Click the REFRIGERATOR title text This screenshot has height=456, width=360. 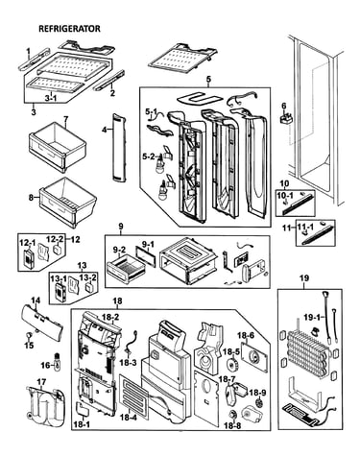pos(69,29)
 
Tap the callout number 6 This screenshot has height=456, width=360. pos(283,106)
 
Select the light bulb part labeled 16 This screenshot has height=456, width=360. pos(58,362)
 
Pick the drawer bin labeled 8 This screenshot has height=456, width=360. pos(68,202)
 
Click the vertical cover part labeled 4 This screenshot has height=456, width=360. pos(118,148)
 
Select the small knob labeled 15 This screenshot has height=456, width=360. pos(30,335)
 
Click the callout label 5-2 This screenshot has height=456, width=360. pos(149,156)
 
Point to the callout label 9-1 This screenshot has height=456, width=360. pos(148,245)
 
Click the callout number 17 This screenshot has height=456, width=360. pos(41,382)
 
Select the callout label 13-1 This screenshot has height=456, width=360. pos(57,279)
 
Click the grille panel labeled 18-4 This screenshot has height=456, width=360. pos(134,397)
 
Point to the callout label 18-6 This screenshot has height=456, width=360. pos(246,335)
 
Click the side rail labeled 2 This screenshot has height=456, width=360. pos(108,81)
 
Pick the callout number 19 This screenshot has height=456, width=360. pos(304,278)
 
